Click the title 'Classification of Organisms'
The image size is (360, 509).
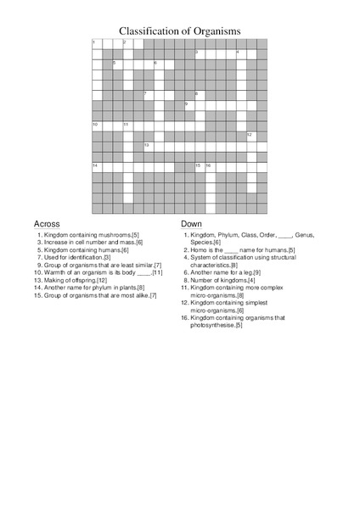click(179, 31)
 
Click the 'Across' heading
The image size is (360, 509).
click(47, 224)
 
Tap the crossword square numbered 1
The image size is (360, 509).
click(97, 43)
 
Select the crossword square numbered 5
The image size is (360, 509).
click(117, 64)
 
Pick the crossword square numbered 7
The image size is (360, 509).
click(149, 95)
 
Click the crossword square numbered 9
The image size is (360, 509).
click(189, 105)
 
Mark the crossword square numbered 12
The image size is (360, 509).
click(251, 136)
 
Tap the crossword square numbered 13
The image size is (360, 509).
click(149, 146)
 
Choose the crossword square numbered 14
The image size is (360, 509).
click(97, 166)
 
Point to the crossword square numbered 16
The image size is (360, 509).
click(210, 166)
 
